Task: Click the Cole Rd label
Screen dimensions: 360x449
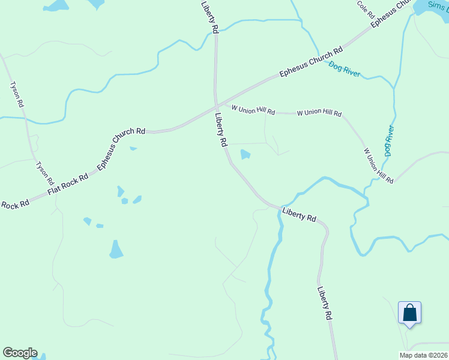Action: (366, 9)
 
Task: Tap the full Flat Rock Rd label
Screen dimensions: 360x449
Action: (68, 185)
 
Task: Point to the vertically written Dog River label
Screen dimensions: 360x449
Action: (389, 140)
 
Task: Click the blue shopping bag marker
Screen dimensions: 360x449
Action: (409, 313)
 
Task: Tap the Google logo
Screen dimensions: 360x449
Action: (20, 353)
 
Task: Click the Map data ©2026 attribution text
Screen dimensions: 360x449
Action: (423, 355)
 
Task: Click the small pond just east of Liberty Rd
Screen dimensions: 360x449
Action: (246, 155)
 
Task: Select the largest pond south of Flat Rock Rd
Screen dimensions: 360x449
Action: (116, 248)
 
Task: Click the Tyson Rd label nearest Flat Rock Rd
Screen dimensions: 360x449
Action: (44, 173)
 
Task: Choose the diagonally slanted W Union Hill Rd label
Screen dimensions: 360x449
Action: (378, 165)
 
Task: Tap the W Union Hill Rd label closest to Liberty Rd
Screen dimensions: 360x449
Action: (253, 111)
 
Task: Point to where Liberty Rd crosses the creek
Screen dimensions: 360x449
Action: (280, 208)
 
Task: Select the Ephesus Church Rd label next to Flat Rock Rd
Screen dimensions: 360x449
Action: (122, 147)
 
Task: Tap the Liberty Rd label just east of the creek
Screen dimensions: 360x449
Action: (299, 214)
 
